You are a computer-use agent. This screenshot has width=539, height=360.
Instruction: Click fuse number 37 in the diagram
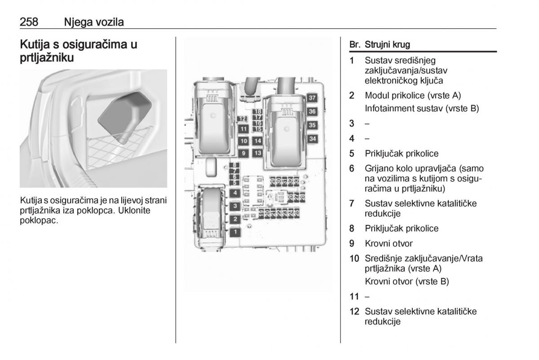tap(312, 98)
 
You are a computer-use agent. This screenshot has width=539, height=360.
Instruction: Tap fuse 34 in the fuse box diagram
tap(312, 139)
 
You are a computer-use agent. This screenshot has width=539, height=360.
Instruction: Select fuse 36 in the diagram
tap(312, 112)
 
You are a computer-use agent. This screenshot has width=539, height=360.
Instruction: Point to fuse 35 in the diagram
tap(312, 125)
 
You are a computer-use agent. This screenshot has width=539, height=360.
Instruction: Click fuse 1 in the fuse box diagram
tap(234, 232)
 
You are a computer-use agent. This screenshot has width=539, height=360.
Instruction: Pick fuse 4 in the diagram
tap(234, 193)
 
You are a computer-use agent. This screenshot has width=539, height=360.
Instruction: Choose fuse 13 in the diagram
tap(257, 153)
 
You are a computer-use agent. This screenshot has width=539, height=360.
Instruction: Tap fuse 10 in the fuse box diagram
tap(243, 141)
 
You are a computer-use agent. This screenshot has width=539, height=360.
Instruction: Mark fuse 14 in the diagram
tap(257, 141)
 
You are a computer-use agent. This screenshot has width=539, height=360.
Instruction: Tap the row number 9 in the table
tap(353, 243)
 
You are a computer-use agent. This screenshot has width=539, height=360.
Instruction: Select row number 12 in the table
tap(354, 311)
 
